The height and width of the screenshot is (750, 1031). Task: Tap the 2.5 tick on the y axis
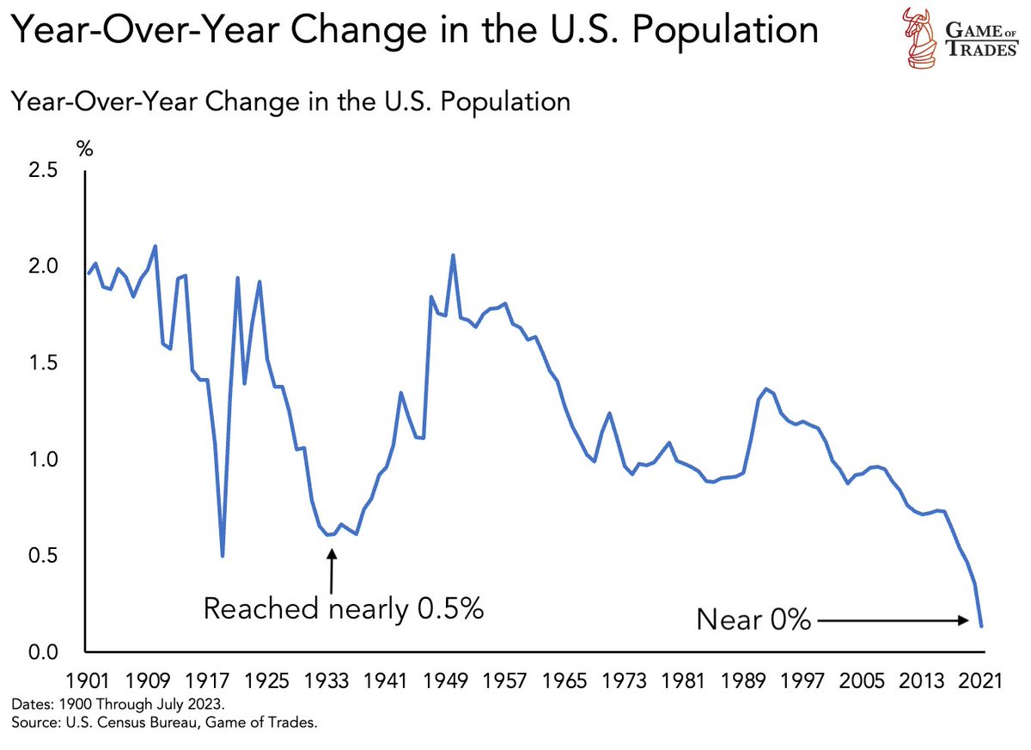click(42, 170)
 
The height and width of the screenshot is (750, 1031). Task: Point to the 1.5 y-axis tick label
click(42, 363)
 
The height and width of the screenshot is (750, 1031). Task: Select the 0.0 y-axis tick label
click(42, 653)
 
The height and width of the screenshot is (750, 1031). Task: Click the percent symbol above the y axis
click(84, 147)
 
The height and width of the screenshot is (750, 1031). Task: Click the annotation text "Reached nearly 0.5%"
click(344, 608)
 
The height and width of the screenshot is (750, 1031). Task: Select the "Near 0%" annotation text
click(753, 619)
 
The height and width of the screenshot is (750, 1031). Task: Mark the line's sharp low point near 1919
click(223, 556)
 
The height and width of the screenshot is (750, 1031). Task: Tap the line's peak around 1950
click(453, 255)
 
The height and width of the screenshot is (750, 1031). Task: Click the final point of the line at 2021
click(980, 626)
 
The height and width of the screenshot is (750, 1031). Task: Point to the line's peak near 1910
click(155, 247)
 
